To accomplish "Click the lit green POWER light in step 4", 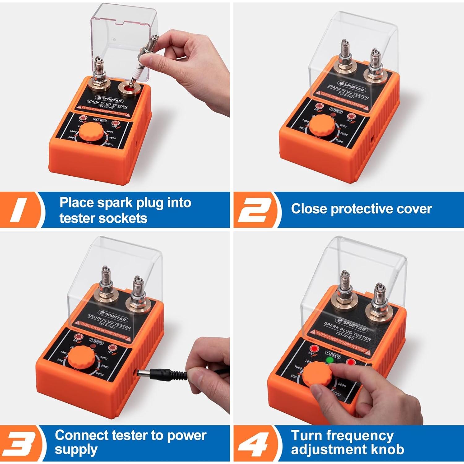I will click(330, 360).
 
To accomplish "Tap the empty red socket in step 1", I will click(128, 90).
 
